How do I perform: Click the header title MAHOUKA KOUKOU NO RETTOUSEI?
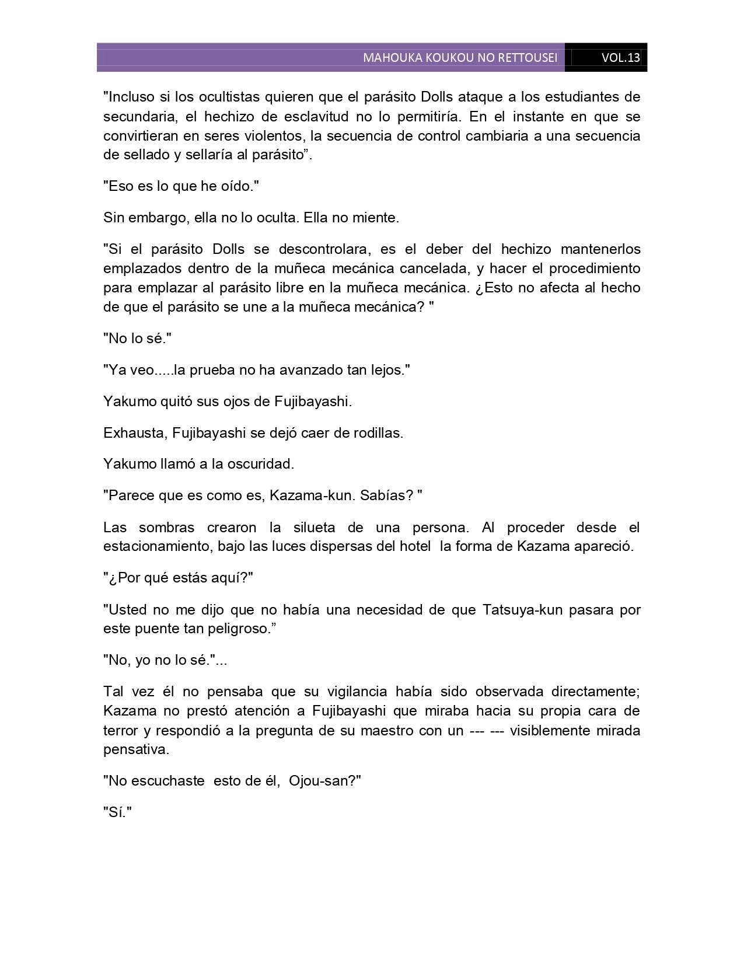(460, 58)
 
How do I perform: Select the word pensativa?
(136, 749)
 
